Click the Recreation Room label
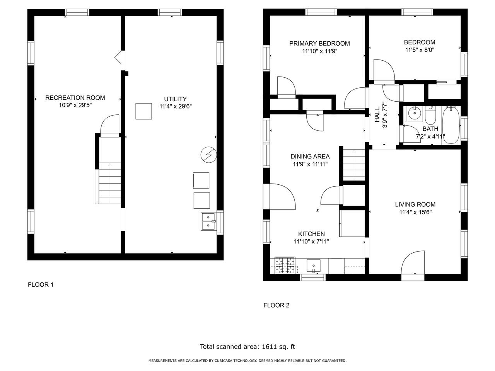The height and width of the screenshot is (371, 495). [x=75, y=98]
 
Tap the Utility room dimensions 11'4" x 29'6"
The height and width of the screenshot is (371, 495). [x=176, y=106]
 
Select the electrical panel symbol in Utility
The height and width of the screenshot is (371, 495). [x=208, y=155]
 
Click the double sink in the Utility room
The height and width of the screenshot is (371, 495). [x=208, y=221]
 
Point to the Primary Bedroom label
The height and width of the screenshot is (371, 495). [x=319, y=43]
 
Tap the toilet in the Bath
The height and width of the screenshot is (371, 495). [x=430, y=115]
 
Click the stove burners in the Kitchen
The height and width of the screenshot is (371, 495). [x=285, y=265]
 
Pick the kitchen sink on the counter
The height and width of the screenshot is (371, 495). [x=314, y=266]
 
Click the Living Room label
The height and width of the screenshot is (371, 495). [x=415, y=204]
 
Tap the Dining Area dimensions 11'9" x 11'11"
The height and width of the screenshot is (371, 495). [x=310, y=164]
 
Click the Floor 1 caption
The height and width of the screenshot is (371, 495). [x=41, y=285]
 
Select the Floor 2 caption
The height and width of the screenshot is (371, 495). [x=276, y=305]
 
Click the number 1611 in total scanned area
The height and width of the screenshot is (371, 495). [x=269, y=347]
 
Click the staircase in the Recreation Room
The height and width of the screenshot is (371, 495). [x=110, y=183]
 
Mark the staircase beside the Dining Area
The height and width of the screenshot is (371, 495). [x=354, y=165]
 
